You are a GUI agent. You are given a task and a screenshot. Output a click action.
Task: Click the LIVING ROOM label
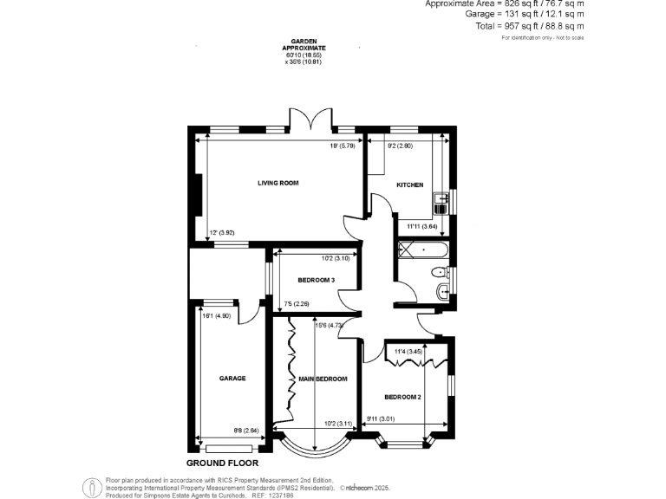(x=277, y=183)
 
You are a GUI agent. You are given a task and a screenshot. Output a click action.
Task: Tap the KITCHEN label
(x=409, y=185)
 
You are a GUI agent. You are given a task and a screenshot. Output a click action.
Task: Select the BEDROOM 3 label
(x=316, y=280)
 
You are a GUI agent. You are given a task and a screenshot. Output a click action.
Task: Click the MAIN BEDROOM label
(x=323, y=379)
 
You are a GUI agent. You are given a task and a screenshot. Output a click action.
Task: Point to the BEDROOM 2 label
(x=402, y=397)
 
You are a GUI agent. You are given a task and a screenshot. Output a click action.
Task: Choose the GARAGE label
(x=232, y=379)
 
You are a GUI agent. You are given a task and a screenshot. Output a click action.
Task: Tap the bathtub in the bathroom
(x=421, y=251)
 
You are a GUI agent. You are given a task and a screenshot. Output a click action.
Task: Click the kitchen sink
(x=441, y=204)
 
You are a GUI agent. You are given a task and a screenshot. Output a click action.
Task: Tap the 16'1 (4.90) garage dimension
(x=217, y=315)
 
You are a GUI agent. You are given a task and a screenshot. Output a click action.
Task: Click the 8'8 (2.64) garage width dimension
(x=245, y=431)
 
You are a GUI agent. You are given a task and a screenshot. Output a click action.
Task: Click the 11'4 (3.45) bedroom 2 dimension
(x=408, y=352)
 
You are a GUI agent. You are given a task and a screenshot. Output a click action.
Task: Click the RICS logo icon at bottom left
(x=92, y=489)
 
